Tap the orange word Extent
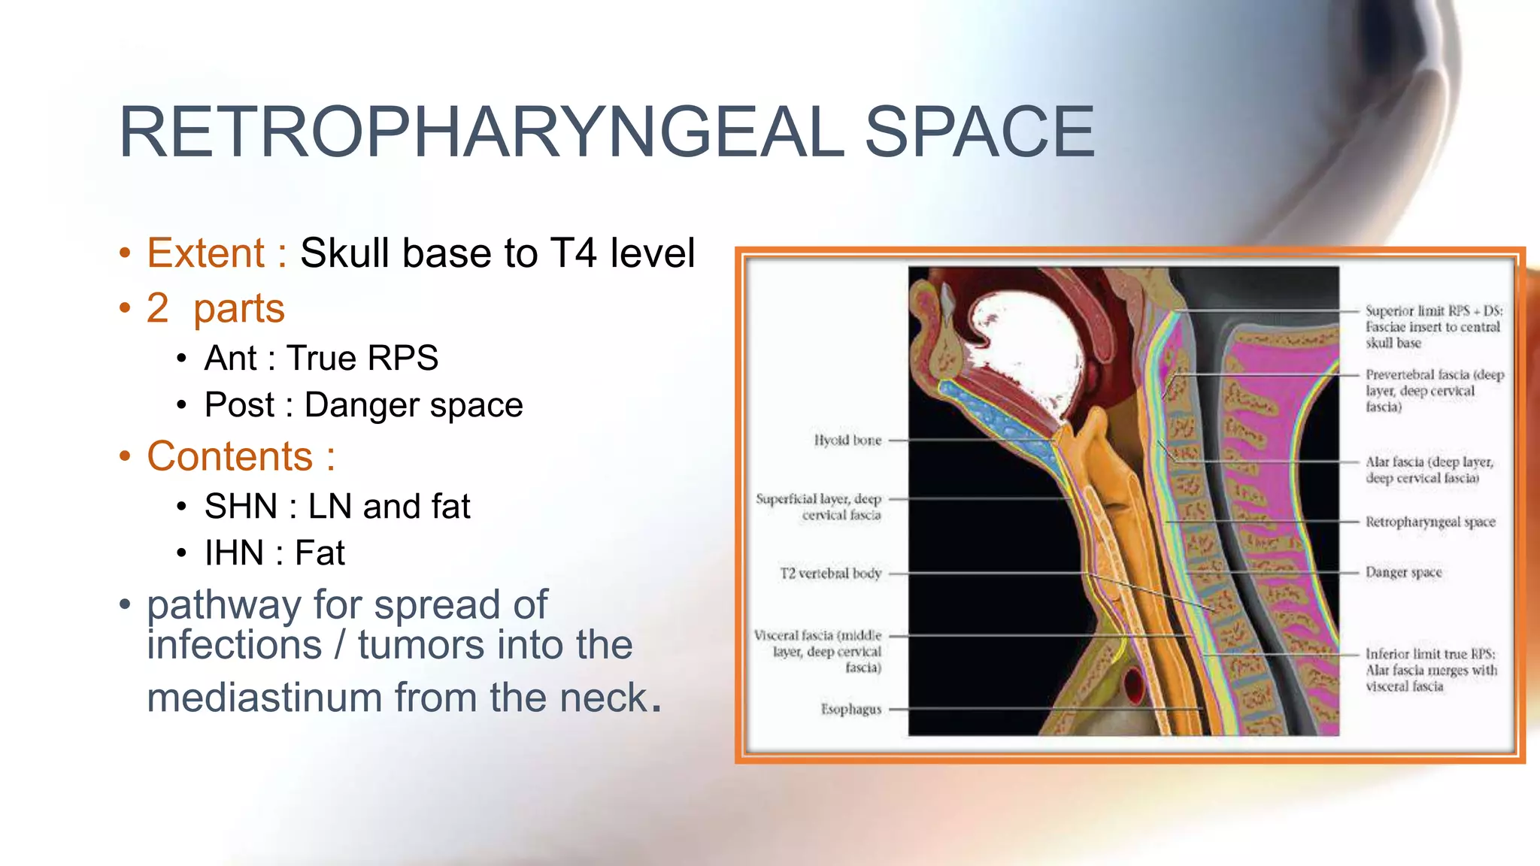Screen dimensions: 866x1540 (x=205, y=253)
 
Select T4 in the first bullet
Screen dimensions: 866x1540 (x=574, y=253)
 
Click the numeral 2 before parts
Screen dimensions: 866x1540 (x=157, y=308)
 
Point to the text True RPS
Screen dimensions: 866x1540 (x=362, y=358)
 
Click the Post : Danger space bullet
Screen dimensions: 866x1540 (x=363, y=405)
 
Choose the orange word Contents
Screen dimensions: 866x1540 (x=229, y=456)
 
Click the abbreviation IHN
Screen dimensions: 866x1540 (x=234, y=553)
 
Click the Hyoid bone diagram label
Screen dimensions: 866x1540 (x=847, y=440)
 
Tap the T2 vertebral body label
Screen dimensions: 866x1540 (x=830, y=573)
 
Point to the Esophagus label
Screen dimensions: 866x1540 (x=850, y=709)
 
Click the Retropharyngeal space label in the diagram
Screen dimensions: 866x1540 (x=1430, y=522)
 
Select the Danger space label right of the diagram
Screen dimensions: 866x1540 (x=1403, y=572)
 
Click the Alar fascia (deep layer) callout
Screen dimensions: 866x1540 (x=1429, y=470)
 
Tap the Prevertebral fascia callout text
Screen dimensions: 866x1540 (x=1434, y=390)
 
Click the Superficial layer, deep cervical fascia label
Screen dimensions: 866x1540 (x=819, y=507)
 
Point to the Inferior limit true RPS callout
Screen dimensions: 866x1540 (x=1430, y=670)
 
